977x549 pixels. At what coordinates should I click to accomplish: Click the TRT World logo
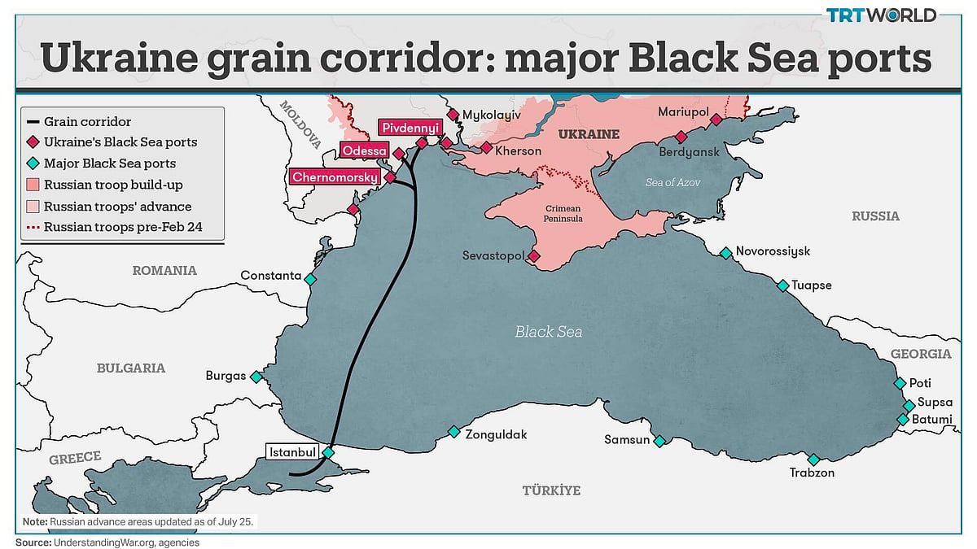point(882,15)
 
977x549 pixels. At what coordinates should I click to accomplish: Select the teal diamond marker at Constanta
point(310,279)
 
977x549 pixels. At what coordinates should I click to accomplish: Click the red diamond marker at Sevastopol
point(533,256)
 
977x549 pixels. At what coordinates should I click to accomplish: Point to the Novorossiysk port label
point(772,251)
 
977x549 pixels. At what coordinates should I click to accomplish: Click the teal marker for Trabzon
point(813,460)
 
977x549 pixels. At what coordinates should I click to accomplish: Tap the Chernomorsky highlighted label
point(335,176)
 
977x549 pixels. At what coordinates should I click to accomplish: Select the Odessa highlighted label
point(364,151)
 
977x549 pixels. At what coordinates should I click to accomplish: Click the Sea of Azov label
point(673,183)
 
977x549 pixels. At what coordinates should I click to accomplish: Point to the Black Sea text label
point(548,332)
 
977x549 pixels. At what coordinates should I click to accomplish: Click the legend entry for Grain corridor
point(87,121)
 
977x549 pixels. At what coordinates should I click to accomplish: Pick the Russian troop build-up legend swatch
point(33,185)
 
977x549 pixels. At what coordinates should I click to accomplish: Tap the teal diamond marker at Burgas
point(256,377)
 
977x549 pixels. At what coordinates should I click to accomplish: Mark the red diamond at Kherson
point(486,148)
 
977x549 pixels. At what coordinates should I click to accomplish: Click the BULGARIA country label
point(130,368)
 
